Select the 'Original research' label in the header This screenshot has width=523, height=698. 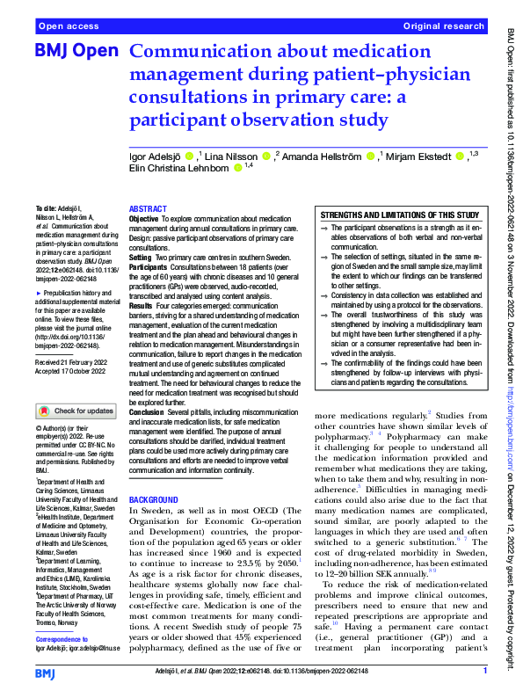444,27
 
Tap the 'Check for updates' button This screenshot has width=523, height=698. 75,411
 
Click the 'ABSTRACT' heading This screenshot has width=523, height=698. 148,209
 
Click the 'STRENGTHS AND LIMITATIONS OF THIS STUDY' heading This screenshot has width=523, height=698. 400,215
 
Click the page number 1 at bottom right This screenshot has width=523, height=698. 484,671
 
